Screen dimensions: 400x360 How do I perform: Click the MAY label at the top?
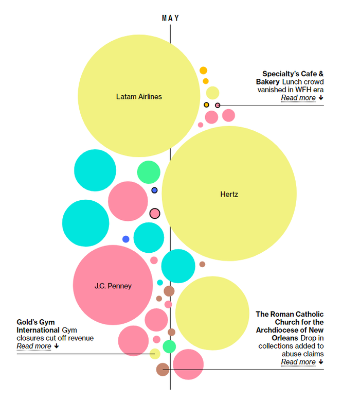click(170, 18)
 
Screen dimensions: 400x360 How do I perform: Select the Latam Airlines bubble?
click(139, 96)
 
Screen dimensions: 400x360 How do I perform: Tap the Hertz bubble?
click(229, 194)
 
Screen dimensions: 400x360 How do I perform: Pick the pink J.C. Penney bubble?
click(113, 285)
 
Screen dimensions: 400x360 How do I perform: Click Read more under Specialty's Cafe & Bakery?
click(298, 98)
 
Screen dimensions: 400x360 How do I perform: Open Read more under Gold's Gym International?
click(34, 346)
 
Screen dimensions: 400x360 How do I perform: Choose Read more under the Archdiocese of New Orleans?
click(298, 362)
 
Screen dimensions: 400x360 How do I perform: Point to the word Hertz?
click(229, 194)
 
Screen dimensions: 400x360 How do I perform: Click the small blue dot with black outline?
click(154, 190)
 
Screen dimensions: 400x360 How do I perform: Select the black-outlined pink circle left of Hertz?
click(155, 213)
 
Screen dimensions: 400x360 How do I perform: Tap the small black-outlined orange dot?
click(206, 105)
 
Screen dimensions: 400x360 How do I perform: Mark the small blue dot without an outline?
click(126, 239)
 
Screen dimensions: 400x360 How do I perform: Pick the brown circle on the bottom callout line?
click(163, 369)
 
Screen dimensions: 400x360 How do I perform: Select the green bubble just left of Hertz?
click(149, 172)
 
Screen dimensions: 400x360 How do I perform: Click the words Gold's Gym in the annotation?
click(35, 322)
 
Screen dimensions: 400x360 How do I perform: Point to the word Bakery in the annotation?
click(268, 81)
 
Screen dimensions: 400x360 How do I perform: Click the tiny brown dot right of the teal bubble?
click(202, 264)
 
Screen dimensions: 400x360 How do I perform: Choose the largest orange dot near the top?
click(203, 71)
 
